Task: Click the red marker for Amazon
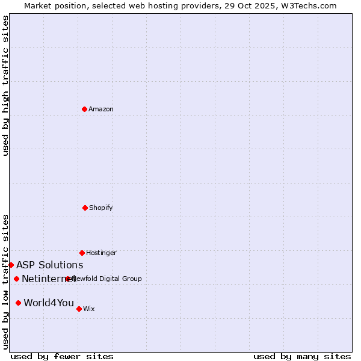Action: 84,109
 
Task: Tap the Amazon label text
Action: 101,109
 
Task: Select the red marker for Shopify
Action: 85,208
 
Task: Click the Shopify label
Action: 101,208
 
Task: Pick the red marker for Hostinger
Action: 82,253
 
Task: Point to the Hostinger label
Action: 101,253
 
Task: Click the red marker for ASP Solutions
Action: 11,265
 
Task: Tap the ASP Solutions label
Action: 49,265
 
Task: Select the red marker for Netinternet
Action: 16,279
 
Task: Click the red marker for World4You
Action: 18,303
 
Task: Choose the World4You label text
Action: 49,303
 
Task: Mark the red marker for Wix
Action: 79,309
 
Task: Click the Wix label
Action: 89,309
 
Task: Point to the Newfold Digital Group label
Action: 108,279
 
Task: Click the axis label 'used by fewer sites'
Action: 62,356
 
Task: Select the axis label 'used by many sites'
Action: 302,356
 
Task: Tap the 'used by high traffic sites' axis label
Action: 5,85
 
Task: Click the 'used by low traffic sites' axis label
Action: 5,282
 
